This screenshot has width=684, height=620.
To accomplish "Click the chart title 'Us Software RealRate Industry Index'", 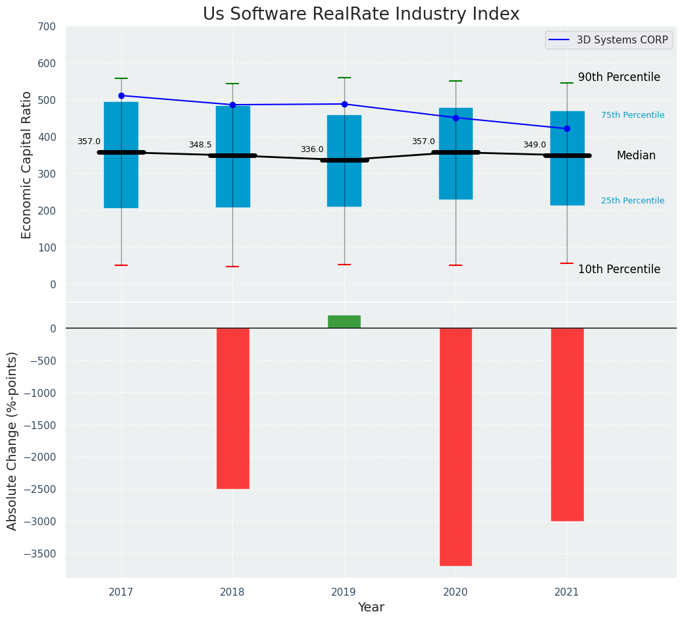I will point(361,14).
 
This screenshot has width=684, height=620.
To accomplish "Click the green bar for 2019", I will point(344,321).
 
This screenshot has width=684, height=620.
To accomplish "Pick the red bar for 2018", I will point(233,408).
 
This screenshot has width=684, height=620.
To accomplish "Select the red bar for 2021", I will point(567,425).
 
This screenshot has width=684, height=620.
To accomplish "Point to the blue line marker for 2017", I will point(121,96).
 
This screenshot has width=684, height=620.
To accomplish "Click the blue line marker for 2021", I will point(567,129).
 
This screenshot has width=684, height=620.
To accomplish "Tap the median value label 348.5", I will point(200,145).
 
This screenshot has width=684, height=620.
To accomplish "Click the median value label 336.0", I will point(312,149).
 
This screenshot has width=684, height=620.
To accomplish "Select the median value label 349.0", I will point(535,145).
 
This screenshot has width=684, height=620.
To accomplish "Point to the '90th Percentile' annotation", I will point(619,78).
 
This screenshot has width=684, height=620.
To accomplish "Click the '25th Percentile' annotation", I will point(632,201).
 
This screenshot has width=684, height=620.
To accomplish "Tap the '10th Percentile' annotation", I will point(619,270).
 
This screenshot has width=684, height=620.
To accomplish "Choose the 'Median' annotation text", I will point(636,156).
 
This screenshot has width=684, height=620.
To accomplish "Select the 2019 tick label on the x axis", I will point(344,592).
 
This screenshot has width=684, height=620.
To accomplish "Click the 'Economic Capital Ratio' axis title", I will point(27,165).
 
